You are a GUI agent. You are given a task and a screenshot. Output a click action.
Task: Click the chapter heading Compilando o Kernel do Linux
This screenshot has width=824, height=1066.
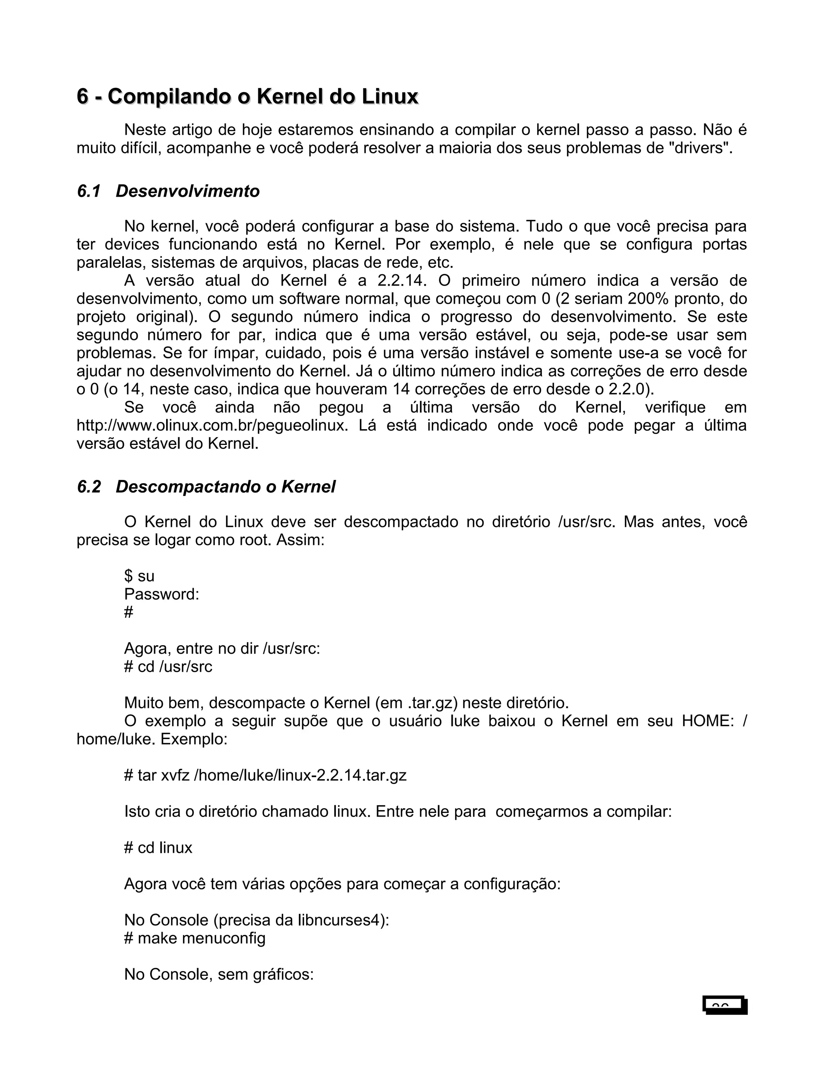pyautogui.click(x=247, y=97)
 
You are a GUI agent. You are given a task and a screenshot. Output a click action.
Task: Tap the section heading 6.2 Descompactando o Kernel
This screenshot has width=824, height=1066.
pyautogui.click(x=206, y=487)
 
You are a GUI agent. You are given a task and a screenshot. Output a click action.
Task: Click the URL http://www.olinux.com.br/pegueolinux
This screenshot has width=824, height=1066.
pyautogui.click(x=212, y=426)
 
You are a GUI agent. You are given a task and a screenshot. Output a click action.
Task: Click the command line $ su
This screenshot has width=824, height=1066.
pyautogui.click(x=139, y=576)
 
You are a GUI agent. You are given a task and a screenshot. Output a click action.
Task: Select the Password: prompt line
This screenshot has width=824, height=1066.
pyautogui.click(x=162, y=594)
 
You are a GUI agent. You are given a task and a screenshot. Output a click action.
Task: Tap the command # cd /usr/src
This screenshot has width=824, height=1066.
pyautogui.click(x=169, y=666)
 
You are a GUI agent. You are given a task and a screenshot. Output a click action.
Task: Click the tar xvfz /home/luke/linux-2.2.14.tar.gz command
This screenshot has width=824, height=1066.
pyautogui.click(x=265, y=775)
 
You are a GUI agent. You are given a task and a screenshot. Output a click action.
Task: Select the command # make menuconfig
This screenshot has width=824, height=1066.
pyautogui.click(x=195, y=938)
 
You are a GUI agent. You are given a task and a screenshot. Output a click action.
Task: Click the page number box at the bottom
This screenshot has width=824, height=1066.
pyautogui.click(x=725, y=1005)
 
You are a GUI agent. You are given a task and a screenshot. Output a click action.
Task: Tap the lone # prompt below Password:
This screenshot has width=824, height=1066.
pyautogui.click(x=128, y=612)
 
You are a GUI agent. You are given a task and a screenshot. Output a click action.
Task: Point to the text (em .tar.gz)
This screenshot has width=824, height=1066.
pyautogui.click(x=416, y=703)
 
